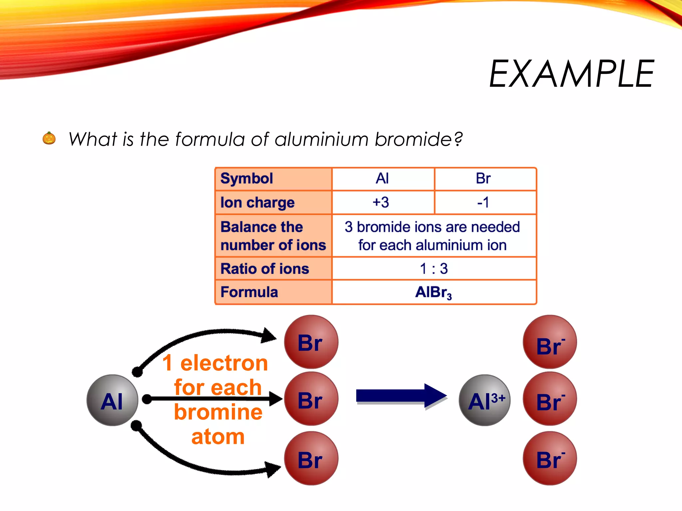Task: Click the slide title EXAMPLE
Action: tap(571, 74)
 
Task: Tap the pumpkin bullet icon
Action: tap(49, 138)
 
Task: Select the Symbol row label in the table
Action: tap(247, 179)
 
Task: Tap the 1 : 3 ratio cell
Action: tap(434, 268)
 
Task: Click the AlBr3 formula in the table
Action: tap(433, 292)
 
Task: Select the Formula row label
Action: tap(249, 292)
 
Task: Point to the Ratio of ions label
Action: tap(265, 268)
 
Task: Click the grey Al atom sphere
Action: tap(112, 400)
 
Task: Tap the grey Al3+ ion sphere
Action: tap(485, 400)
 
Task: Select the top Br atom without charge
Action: tap(311, 342)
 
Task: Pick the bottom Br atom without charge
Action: tap(311, 458)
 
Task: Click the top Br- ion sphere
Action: tap(550, 342)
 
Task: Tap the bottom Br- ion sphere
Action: tap(550, 458)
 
